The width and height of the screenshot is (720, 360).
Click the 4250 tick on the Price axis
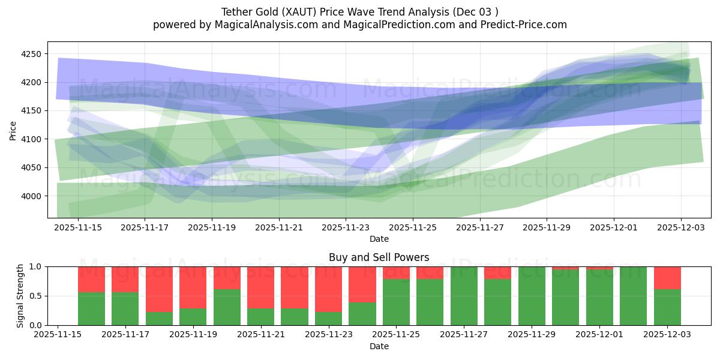coord(31,54)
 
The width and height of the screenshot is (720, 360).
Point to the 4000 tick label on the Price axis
coord(31,196)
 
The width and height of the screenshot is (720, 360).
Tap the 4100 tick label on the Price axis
coord(31,139)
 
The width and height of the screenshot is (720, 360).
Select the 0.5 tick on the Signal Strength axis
coord(35,296)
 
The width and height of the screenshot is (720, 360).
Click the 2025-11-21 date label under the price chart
coord(278,228)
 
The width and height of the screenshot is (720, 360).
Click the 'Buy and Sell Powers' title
coord(379,257)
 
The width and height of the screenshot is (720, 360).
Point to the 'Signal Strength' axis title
coord(20,296)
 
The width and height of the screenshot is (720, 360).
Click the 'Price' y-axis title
coord(13,130)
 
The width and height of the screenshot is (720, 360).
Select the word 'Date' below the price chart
coord(379,239)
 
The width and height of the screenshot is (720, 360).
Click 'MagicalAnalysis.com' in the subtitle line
coord(261,25)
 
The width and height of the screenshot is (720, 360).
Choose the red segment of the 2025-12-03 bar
coord(667,278)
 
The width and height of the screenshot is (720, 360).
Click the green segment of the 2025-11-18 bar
coord(159,319)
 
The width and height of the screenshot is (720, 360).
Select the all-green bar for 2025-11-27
coord(464,296)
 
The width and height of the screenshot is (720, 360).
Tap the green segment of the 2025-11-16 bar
coord(91,309)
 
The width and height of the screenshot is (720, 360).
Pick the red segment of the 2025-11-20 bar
coord(227,278)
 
